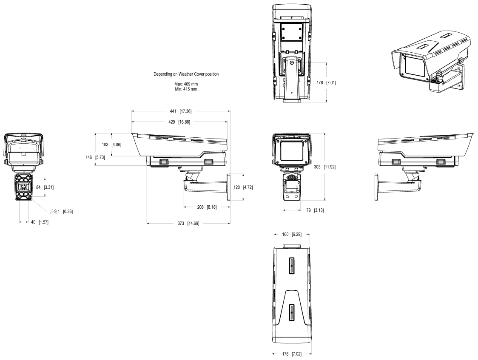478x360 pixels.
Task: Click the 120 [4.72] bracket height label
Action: tap(243, 187)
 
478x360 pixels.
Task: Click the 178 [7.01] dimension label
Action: tap(326, 82)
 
